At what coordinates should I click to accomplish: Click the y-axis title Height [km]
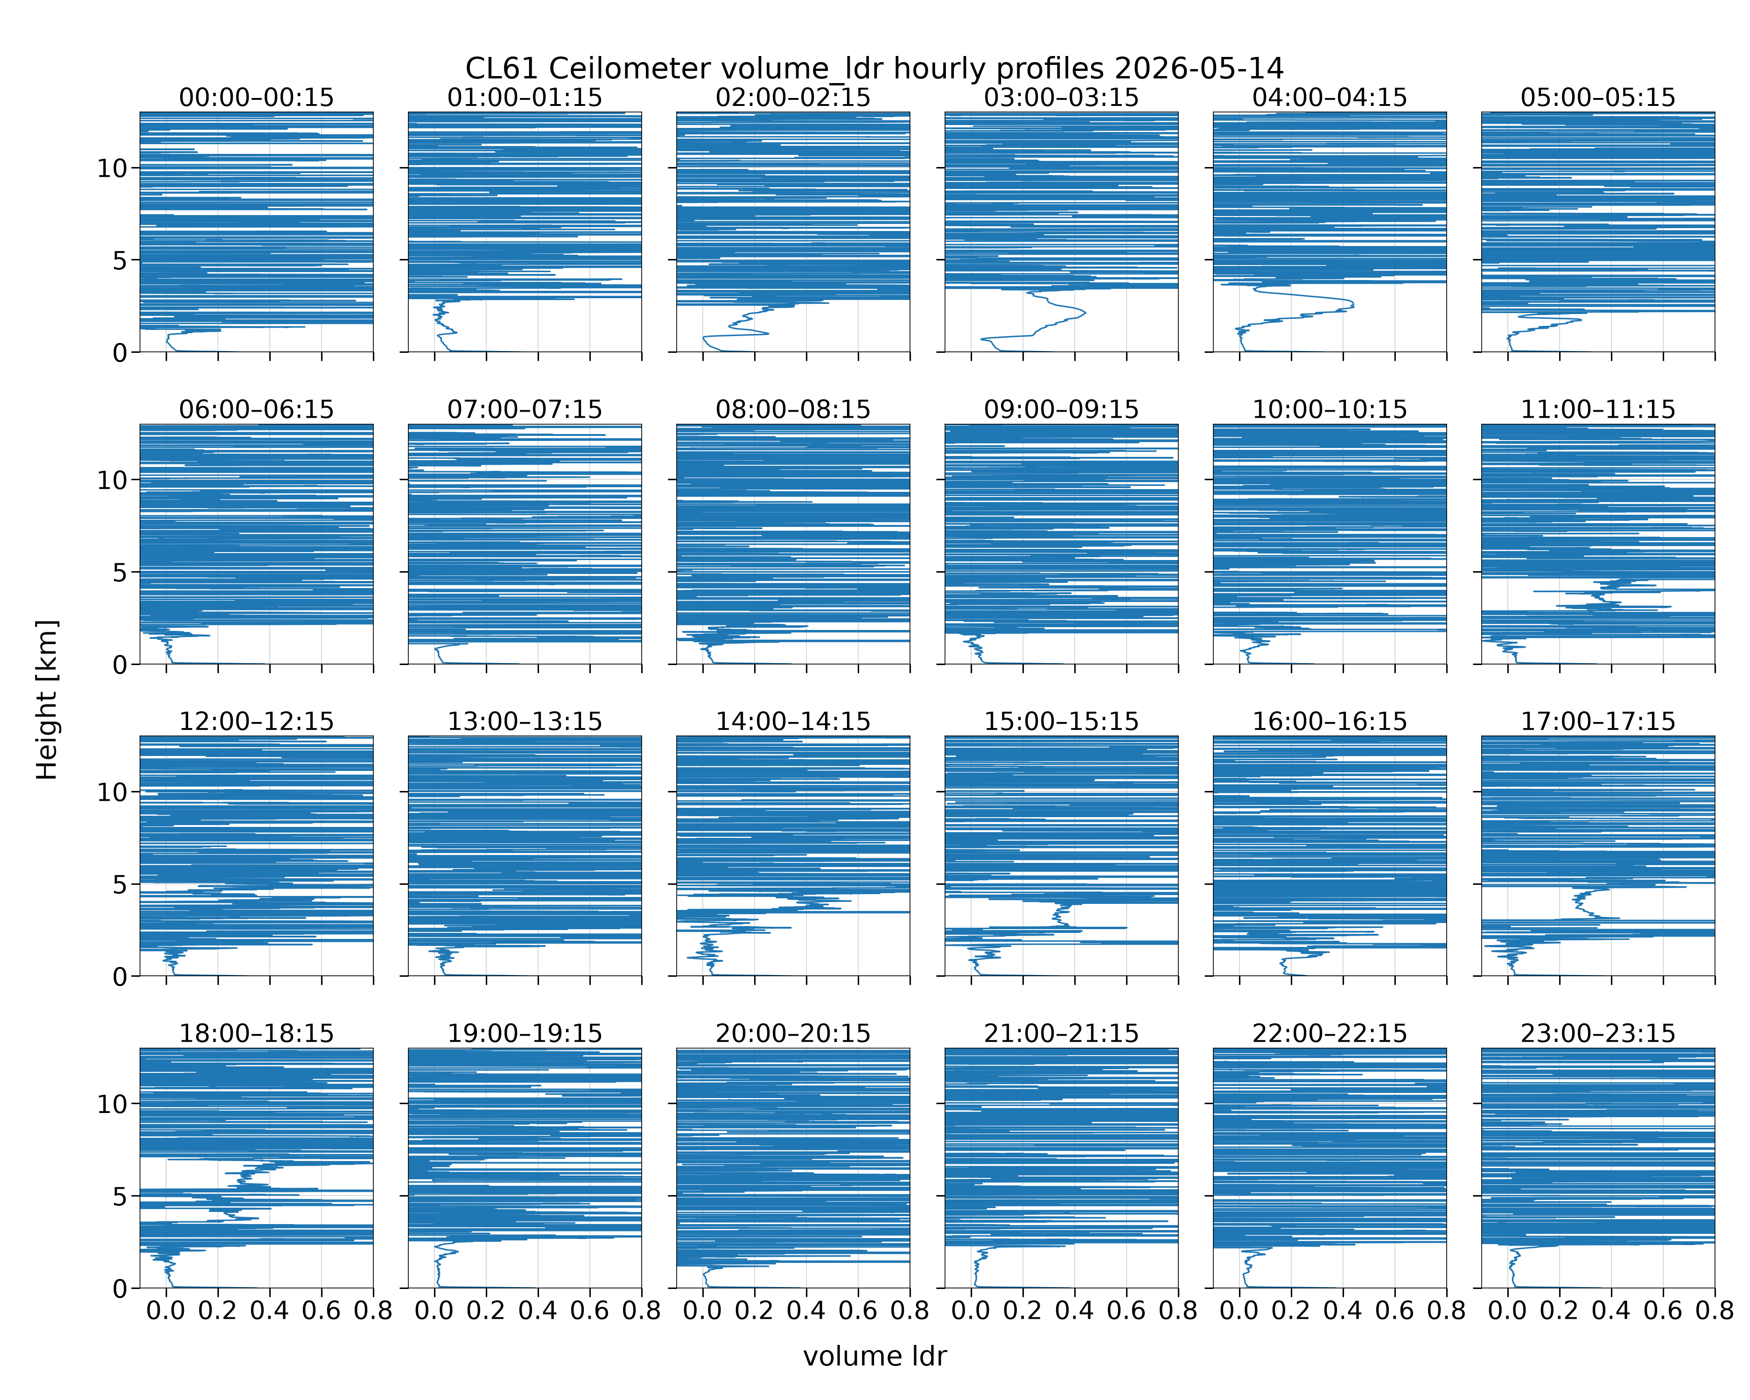[47, 700]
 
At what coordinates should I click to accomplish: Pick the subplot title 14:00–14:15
[793, 721]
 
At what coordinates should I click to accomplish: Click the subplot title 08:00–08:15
[793, 409]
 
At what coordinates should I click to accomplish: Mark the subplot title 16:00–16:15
[1330, 721]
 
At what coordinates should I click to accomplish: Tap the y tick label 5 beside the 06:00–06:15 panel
[120, 573]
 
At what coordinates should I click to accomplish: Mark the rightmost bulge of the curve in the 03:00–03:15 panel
[1085, 313]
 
